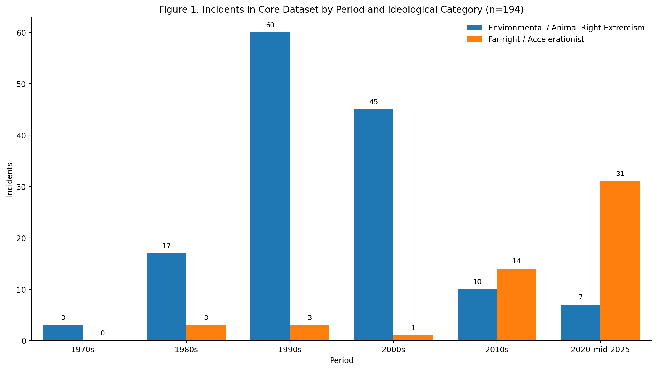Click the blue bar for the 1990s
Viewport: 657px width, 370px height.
(270, 186)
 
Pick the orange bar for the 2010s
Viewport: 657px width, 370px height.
(516, 304)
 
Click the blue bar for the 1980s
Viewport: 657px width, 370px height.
(167, 297)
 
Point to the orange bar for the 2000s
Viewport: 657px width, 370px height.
(413, 338)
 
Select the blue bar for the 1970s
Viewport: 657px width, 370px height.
(63, 333)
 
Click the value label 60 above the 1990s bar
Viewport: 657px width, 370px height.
(270, 25)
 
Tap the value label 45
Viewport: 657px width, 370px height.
(373, 102)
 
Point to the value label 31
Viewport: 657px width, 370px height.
(620, 174)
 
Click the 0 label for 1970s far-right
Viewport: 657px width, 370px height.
(102, 334)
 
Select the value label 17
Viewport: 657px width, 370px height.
(167, 246)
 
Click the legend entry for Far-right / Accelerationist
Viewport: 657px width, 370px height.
(536, 40)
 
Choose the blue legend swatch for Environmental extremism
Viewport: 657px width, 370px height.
(474, 28)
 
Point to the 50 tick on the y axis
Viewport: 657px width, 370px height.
(21, 84)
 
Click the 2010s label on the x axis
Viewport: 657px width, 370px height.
(497, 350)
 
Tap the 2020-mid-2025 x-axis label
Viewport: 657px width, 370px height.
(600, 350)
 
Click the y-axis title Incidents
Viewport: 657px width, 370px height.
(10, 180)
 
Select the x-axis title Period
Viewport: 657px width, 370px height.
(342, 361)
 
